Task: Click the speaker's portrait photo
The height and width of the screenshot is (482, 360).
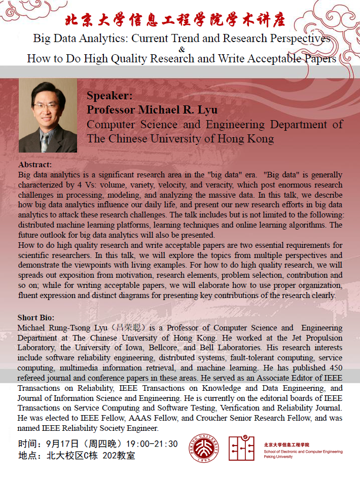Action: point(48,117)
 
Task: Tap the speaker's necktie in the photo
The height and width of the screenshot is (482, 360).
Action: point(45,142)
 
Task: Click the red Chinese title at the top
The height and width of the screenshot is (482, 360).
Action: point(175,20)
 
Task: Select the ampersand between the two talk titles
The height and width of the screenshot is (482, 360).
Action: point(182,49)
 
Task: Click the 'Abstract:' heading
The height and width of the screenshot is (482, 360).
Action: point(35,165)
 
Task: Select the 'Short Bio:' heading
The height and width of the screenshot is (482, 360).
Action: point(37,318)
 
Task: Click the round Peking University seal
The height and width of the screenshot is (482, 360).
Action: point(204,448)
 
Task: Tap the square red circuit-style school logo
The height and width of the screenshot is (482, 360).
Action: point(241,448)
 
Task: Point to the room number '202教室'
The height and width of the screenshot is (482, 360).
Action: point(119,456)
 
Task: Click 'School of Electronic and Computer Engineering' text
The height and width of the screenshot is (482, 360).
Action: point(303,452)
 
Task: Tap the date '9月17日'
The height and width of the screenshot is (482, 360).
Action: point(61,444)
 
